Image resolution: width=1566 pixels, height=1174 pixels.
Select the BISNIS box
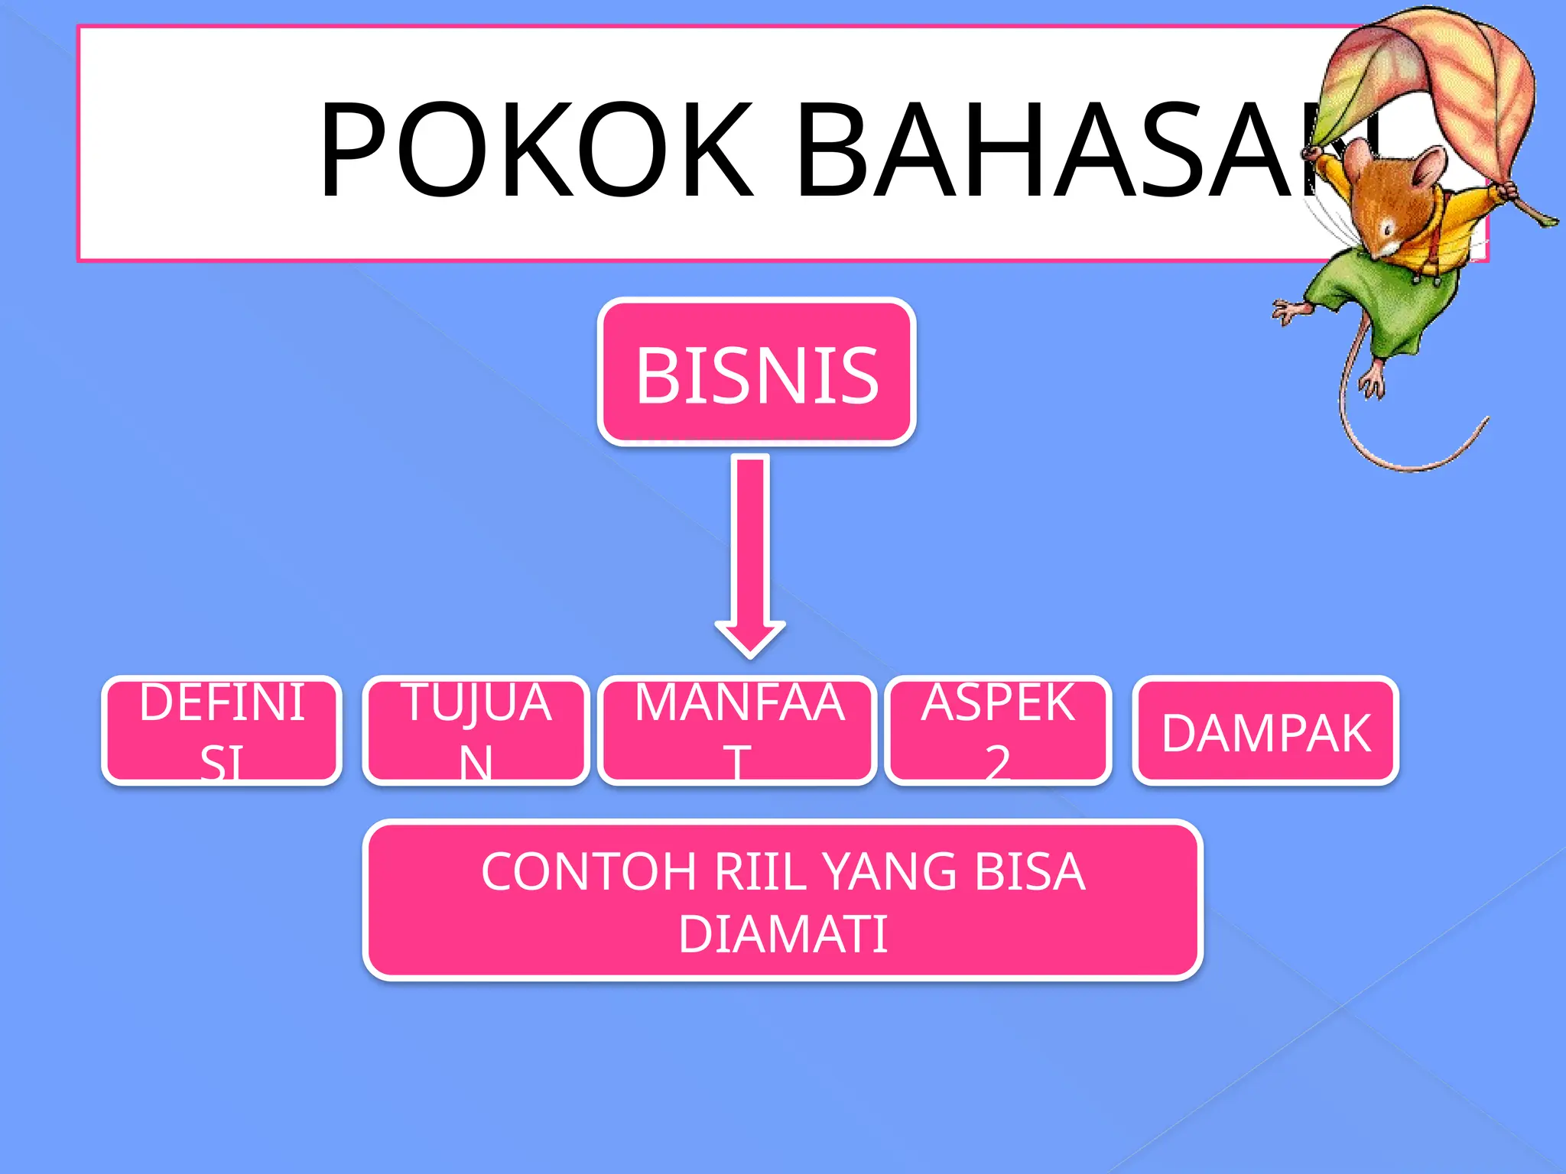click(x=756, y=372)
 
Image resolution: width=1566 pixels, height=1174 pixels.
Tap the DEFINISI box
click(x=222, y=731)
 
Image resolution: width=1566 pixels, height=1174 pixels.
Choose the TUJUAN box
click(x=476, y=731)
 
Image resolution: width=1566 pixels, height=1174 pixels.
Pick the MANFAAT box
click(x=737, y=731)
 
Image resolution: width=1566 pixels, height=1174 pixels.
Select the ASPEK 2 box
click(x=998, y=731)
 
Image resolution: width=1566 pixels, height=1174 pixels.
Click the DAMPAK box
click(x=1265, y=731)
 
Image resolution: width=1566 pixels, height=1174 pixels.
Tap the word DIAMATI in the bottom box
click(x=782, y=934)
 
